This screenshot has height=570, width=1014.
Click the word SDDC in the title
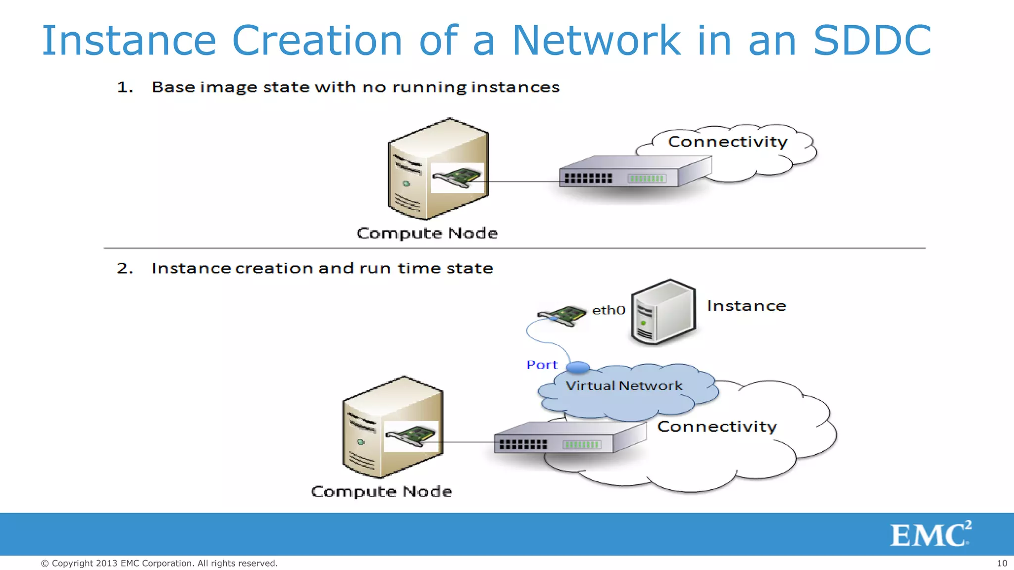(x=872, y=41)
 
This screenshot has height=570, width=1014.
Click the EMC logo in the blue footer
(x=930, y=534)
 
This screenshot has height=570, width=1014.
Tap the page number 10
(x=1002, y=563)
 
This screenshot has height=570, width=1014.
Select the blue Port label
(x=542, y=365)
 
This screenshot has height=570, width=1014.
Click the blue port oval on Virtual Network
(x=578, y=367)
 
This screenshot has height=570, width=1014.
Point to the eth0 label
(x=608, y=310)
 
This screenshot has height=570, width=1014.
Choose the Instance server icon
(x=663, y=312)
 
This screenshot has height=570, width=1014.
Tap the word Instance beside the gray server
(x=746, y=306)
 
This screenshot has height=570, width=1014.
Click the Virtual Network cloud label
(x=624, y=386)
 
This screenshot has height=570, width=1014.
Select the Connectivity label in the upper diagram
(x=727, y=142)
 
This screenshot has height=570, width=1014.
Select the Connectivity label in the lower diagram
(x=716, y=427)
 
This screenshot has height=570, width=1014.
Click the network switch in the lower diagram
(x=569, y=438)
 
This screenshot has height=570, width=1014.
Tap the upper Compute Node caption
(x=427, y=233)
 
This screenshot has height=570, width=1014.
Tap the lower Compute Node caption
(x=381, y=491)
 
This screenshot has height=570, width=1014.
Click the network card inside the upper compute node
(x=457, y=178)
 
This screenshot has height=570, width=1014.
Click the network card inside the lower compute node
(x=411, y=436)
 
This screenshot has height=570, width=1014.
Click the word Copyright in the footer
(x=72, y=563)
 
